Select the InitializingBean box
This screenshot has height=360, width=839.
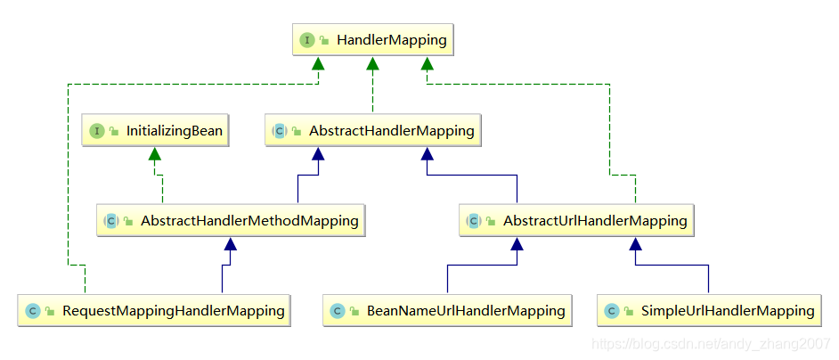click(156, 130)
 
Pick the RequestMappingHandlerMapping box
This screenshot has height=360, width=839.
click(156, 311)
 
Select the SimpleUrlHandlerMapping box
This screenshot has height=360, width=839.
click(710, 311)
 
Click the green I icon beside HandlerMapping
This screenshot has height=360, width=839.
click(307, 40)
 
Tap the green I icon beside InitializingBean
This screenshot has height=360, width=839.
click(97, 131)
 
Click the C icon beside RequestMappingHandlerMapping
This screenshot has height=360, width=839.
click(33, 311)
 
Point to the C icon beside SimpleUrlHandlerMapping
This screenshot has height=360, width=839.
click(612, 311)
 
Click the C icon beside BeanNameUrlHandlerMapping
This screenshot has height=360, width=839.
click(338, 311)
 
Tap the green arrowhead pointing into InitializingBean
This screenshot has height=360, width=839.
click(155, 153)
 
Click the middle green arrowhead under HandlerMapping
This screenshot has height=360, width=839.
click(373, 63)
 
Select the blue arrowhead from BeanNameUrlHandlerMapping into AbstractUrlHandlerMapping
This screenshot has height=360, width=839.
click(515, 243)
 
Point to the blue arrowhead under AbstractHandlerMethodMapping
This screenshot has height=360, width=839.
click(231, 243)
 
